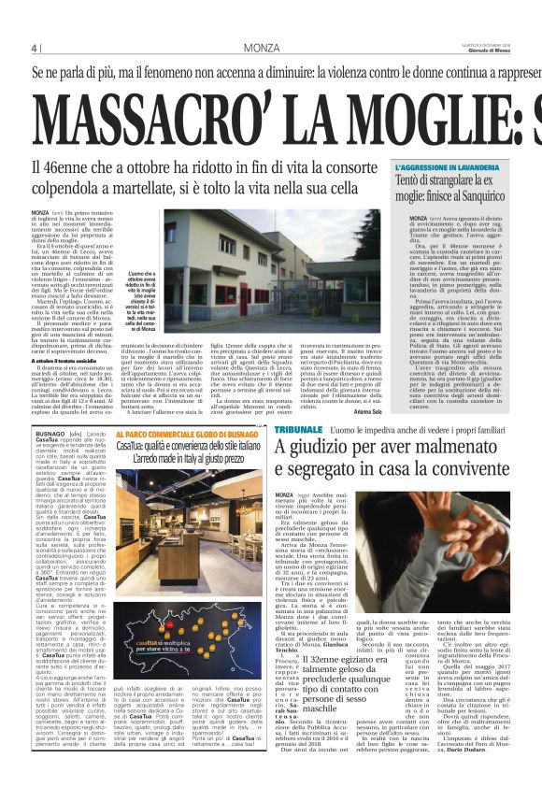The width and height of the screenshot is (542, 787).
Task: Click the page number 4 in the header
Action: click(34, 47)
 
